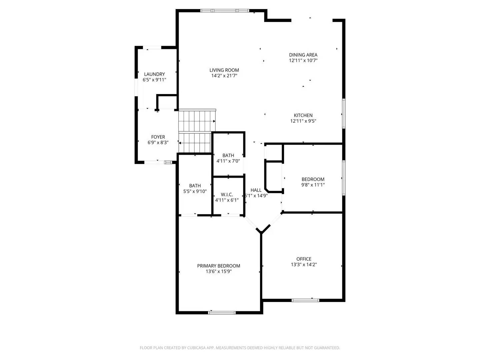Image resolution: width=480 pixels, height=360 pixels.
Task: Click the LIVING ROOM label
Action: coord(224,70)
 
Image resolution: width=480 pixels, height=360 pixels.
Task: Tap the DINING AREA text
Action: coord(303,55)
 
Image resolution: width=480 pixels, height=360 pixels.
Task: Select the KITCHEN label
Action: coord(303,115)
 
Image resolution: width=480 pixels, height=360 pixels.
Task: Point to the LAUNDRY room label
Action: coord(154,74)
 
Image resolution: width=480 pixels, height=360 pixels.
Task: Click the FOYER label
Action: coord(158,137)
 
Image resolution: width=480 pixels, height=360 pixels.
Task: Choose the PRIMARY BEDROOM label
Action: coord(218,266)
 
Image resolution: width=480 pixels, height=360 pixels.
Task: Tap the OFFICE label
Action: coord(304,259)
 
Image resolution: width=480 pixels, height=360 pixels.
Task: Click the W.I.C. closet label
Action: coord(227,195)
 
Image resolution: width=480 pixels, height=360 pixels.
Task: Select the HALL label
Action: coord(256,190)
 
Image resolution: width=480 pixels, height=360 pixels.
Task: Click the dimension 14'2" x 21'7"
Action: coord(224,76)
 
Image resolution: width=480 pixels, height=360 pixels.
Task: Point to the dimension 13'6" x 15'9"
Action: coord(218,272)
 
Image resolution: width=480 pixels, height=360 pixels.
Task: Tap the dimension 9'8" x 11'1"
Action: coord(313,185)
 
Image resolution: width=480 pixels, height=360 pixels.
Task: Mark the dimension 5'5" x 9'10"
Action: coord(195,192)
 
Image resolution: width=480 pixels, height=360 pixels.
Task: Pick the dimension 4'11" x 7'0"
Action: coord(228,161)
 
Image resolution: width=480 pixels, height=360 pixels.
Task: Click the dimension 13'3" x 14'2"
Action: coord(304,265)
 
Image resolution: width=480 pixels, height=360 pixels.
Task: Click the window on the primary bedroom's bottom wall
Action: coord(222,313)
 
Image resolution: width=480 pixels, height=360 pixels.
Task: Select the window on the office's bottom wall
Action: coord(305,300)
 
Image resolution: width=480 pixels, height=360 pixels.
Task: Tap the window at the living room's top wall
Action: coord(224,11)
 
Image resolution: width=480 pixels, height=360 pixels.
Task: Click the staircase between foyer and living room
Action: coord(197,131)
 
